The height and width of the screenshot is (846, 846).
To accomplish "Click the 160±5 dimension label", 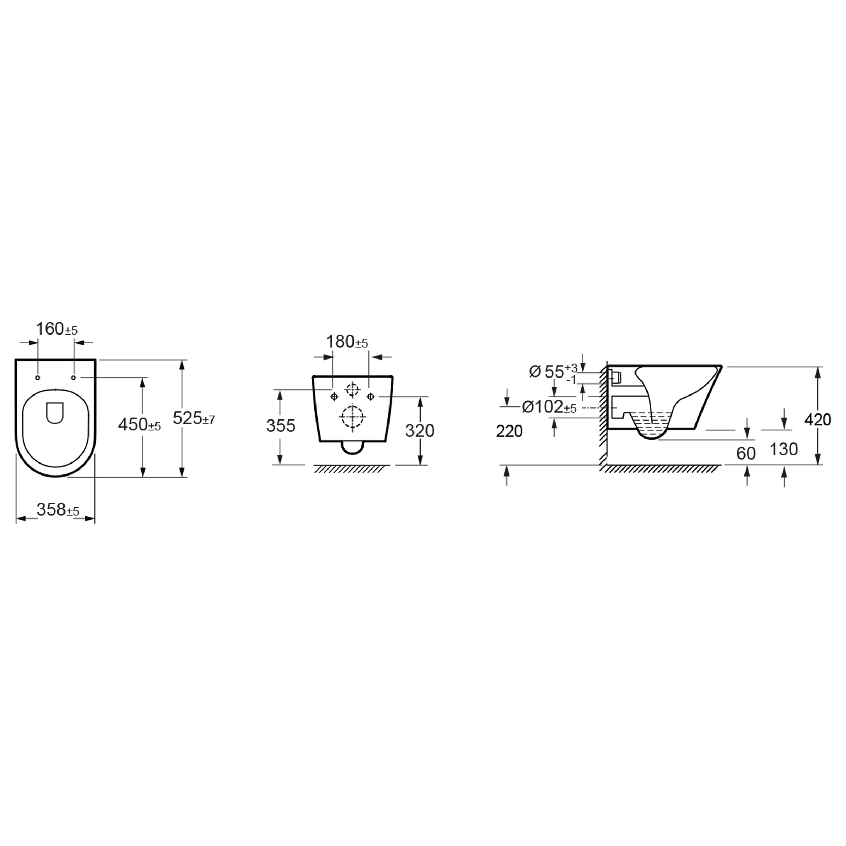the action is (56, 329).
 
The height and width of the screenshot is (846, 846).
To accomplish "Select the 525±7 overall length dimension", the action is (194, 418).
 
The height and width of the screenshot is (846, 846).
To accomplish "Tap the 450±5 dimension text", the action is (140, 424).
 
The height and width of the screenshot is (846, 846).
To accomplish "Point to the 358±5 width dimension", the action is (58, 509).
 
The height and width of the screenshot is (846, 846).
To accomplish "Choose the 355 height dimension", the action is (281, 425).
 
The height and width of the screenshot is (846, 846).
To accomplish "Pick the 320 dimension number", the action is (419, 431).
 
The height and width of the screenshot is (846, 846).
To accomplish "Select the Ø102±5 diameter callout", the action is (550, 407).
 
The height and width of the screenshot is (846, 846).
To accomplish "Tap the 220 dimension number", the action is (509, 431).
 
